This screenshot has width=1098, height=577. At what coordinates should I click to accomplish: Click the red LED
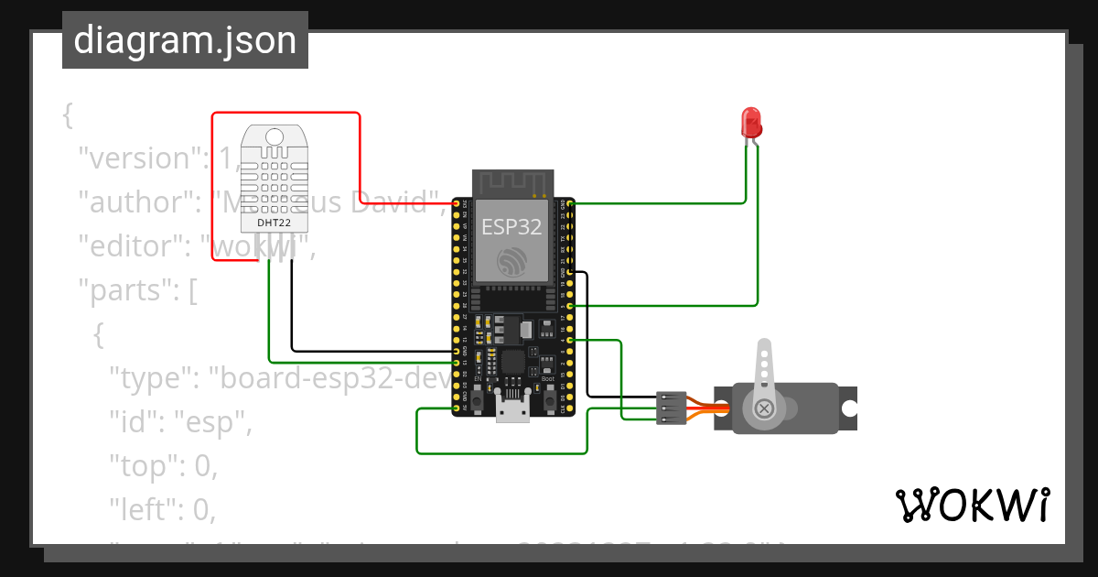pyautogui.click(x=750, y=122)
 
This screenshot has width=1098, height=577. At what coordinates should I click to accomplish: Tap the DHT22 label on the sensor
pyautogui.click(x=275, y=222)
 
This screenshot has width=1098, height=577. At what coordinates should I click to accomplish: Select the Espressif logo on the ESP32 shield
pyautogui.click(x=512, y=263)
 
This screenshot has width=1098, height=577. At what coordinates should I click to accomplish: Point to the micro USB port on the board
pyautogui.click(x=513, y=408)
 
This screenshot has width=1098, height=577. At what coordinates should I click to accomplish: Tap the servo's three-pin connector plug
pyautogui.click(x=671, y=408)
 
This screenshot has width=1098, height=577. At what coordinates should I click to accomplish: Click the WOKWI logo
pyautogui.click(x=972, y=506)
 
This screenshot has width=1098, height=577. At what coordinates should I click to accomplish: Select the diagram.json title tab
pyautogui.click(x=185, y=40)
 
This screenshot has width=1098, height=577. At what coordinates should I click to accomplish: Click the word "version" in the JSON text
pyautogui.click(x=136, y=158)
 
